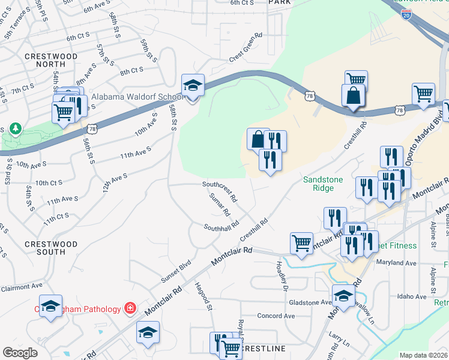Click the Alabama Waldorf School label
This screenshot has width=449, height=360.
[x=137, y=97]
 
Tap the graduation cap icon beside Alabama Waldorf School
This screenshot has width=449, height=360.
[x=193, y=86]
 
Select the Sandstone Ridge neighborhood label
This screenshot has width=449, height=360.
[x=327, y=183]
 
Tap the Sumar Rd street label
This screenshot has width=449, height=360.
[x=220, y=205]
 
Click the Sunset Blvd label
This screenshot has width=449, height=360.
[x=176, y=272]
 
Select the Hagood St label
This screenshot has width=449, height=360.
[x=204, y=297]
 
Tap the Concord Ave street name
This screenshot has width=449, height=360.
[x=276, y=316]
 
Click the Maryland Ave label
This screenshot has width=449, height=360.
[x=396, y=263]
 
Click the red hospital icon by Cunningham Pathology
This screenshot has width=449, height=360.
[x=129, y=308]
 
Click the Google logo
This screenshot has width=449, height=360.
[x=20, y=353]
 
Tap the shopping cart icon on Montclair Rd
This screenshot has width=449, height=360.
[x=301, y=244]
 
